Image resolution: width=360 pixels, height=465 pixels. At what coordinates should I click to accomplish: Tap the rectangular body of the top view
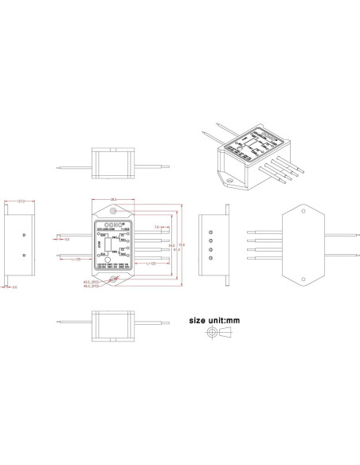(111, 163)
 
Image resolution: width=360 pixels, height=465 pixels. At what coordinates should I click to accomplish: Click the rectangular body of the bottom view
(111, 326)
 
